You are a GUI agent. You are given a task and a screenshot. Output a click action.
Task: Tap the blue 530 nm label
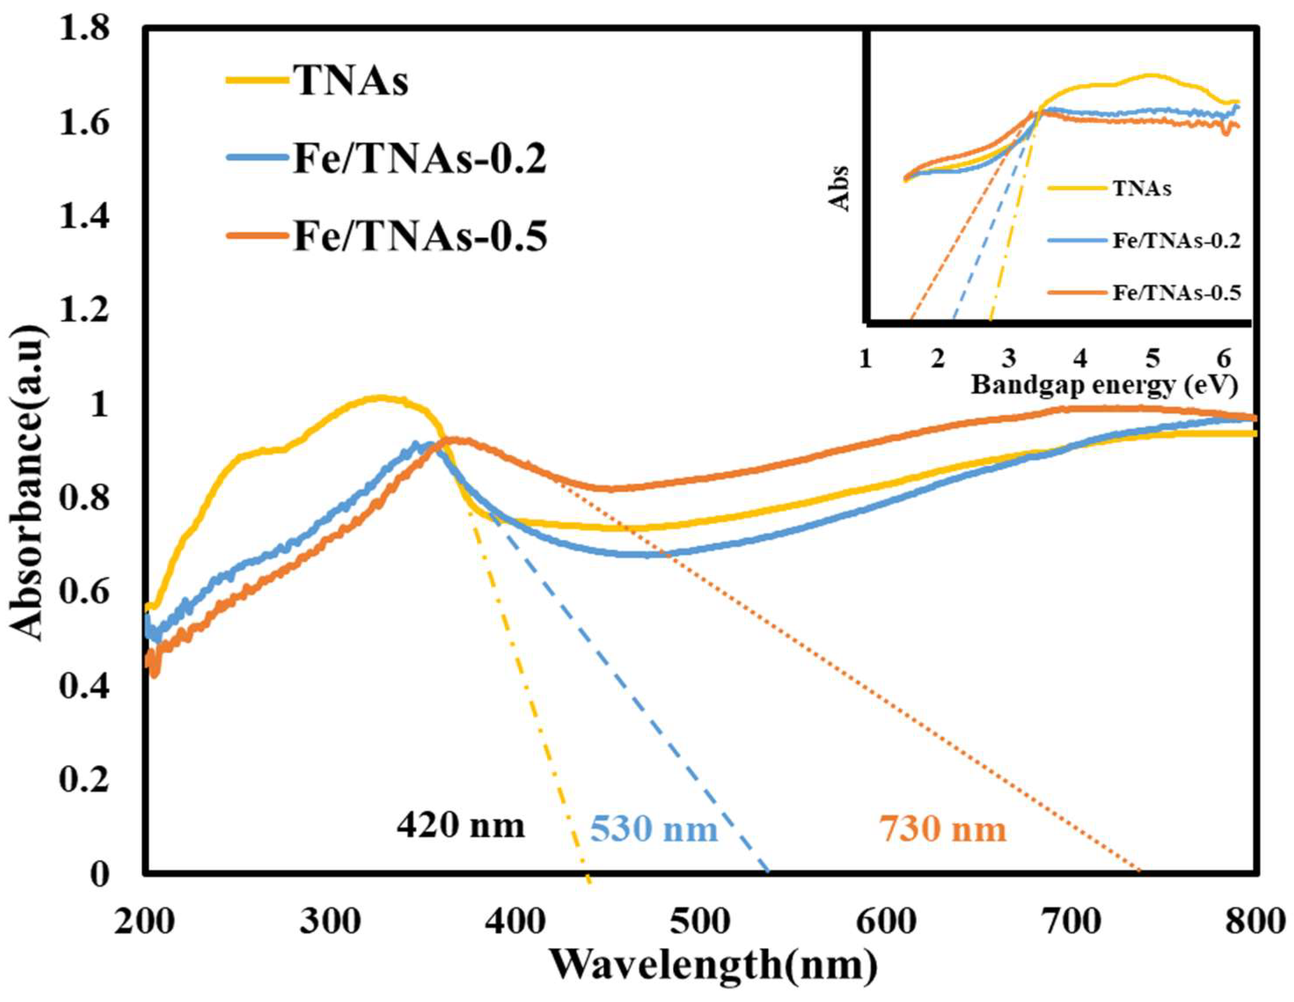click(654, 829)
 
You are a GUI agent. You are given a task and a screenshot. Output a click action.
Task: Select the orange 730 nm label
click(942, 829)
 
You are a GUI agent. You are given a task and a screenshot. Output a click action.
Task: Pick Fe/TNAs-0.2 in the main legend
click(419, 159)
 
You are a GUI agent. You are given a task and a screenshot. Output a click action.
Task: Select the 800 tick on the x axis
click(1255, 922)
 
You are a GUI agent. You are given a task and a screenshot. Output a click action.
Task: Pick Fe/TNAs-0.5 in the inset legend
click(1176, 293)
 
